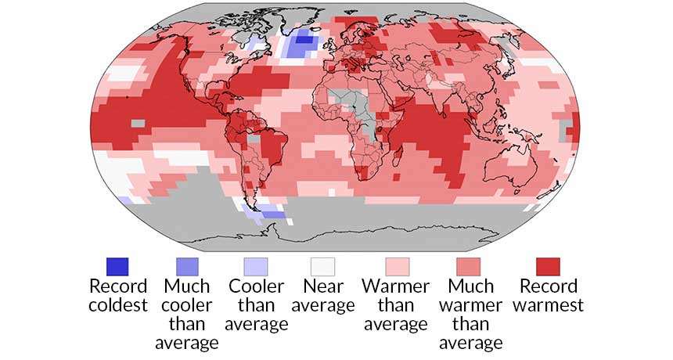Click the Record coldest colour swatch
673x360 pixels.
[x=117, y=266]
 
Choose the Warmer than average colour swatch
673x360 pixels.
[x=394, y=266]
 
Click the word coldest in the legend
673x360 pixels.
[x=117, y=305]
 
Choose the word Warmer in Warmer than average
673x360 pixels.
[x=394, y=286]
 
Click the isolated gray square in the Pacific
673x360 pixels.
[x=138, y=123]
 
